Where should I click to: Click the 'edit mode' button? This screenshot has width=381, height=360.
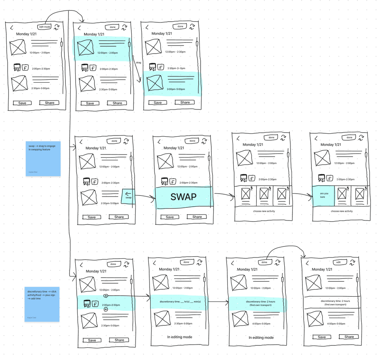click(45, 27)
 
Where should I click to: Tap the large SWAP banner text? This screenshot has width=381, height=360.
click(184, 197)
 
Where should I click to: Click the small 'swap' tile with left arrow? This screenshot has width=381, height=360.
click(128, 195)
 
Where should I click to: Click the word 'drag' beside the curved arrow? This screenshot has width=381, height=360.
click(138, 62)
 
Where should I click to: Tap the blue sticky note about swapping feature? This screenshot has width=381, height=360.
click(43, 159)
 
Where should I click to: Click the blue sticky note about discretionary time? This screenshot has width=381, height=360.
click(42, 304)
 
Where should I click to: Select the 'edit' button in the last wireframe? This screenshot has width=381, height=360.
click(339, 262)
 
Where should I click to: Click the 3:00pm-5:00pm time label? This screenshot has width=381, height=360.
click(176, 89)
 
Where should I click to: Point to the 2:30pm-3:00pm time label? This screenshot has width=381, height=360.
click(176, 69)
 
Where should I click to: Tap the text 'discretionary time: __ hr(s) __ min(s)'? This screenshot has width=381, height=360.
click(180, 302)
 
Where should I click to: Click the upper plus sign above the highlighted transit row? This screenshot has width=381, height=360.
click(106, 296)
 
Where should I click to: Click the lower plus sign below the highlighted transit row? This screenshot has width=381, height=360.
click(106, 309)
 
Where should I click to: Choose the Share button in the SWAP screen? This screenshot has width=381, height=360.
click(197, 217)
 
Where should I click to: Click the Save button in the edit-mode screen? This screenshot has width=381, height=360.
click(22, 103)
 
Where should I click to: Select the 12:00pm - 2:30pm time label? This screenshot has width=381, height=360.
click(175, 52)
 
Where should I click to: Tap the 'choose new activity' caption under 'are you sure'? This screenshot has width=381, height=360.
click(342, 211)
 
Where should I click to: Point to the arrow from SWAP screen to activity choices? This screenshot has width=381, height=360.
click(224, 195)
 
